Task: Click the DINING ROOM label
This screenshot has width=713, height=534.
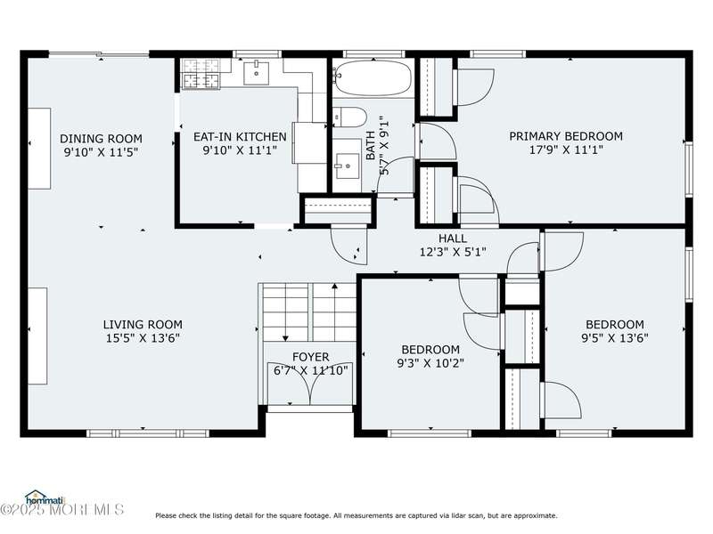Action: tap(101, 139)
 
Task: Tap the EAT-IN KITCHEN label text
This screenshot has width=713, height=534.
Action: tap(240, 137)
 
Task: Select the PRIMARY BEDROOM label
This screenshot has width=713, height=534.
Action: tap(566, 136)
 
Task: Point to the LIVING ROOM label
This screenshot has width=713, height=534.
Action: tap(143, 324)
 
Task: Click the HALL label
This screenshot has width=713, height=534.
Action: tap(453, 238)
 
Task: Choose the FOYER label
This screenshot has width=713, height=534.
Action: tap(310, 357)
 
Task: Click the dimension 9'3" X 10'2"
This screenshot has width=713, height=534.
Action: tap(430, 363)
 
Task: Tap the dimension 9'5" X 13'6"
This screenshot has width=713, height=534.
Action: tap(615, 338)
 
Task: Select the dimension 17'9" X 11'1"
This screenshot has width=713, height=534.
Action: tap(566, 150)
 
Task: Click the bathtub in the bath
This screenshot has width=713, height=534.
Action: tap(373, 78)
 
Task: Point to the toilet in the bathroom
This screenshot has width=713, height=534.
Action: tap(349, 117)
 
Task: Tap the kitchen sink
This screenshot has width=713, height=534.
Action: tap(256, 74)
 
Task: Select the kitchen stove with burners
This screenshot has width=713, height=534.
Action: tap(201, 74)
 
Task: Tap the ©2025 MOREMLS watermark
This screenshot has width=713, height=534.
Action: tap(61, 509)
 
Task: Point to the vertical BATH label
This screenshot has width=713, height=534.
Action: tap(371, 145)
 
